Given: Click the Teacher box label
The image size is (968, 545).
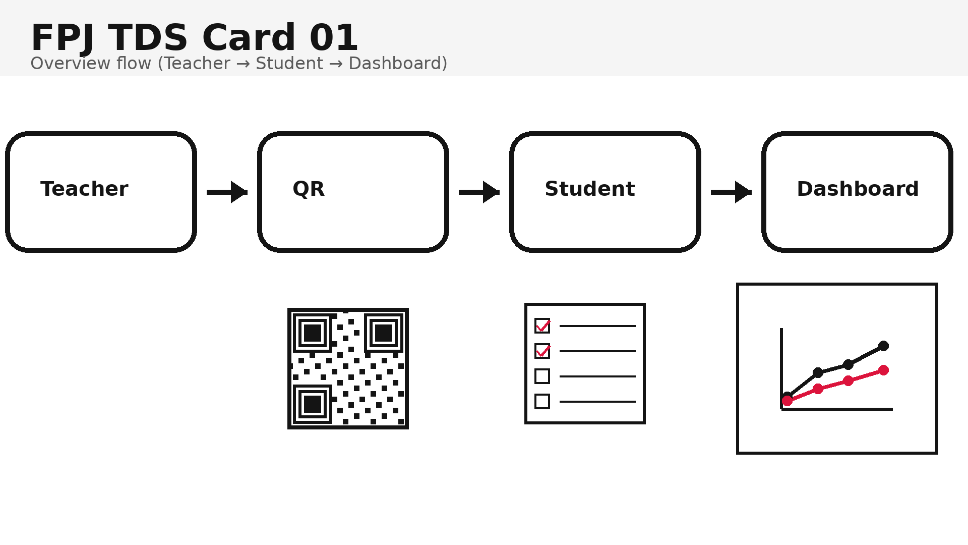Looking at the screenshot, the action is [84, 189].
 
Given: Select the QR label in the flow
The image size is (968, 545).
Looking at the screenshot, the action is [309, 189].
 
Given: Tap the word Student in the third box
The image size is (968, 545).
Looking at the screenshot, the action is [589, 189].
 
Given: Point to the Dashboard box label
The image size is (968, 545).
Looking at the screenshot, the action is [858, 189].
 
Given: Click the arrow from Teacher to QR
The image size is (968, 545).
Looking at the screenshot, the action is [227, 192].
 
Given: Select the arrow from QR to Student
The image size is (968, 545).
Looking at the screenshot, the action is [479, 192].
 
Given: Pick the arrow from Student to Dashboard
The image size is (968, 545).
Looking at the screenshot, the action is [731, 192].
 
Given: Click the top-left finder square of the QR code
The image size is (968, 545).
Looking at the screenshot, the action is [313, 333].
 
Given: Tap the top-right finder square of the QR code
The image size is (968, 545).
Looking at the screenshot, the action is [384, 333].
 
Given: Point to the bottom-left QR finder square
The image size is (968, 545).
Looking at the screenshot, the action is [313, 404].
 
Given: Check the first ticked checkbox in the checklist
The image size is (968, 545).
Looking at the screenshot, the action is [542, 326].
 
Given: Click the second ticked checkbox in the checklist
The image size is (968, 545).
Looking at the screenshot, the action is [542, 351].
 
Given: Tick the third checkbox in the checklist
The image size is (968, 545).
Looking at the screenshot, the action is [542, 376].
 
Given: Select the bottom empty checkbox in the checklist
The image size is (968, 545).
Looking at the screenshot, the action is [542, 402].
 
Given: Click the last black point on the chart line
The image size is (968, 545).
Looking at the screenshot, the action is [883, 346].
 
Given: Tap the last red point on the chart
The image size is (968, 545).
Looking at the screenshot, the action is [883, 370].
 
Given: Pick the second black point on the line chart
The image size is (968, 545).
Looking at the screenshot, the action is [818, 373].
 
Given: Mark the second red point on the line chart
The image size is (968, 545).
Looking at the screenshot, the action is [818, 389].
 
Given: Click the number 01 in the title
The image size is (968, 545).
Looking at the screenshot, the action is [333, 38].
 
